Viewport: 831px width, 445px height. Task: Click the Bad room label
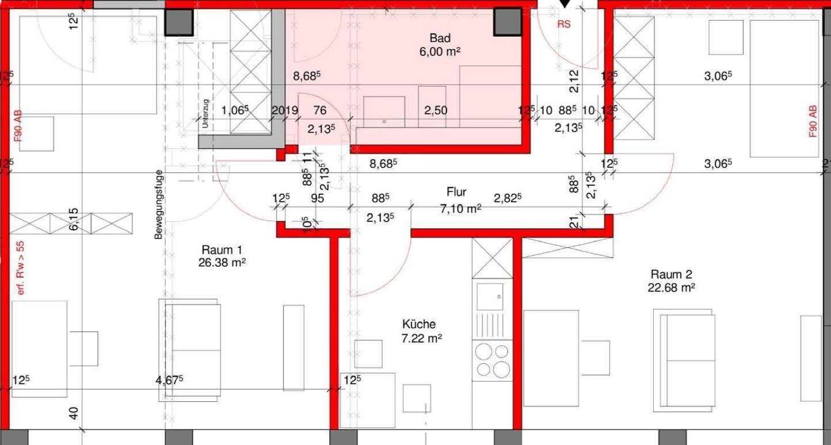coord(440,38)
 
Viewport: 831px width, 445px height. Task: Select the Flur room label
coord(457,191)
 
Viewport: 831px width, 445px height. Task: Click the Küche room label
coord(419,324)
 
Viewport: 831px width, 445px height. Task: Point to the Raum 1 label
coord(221,250)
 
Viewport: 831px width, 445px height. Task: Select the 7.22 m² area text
coord(421,337)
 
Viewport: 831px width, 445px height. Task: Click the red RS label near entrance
coord(564,25)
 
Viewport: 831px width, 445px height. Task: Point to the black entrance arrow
coord(565,4)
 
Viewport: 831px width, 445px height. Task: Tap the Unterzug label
coord(204,112)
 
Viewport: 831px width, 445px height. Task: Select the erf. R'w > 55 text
coord(21,260)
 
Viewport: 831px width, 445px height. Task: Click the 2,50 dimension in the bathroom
coord(436,110)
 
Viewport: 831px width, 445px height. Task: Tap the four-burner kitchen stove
coord(491,360)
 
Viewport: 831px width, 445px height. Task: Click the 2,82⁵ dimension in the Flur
coord(508,198)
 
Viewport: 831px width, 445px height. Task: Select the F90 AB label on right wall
coord(813,121)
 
